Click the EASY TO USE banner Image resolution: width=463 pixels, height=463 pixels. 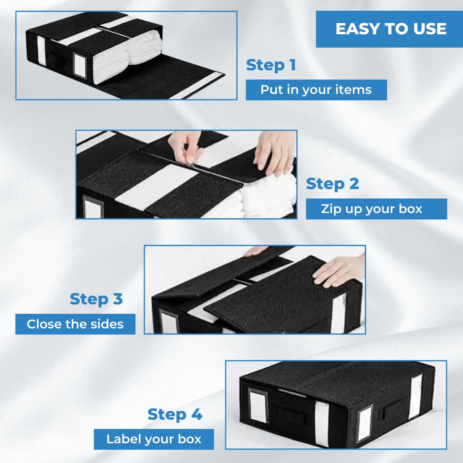(x=389, y=29)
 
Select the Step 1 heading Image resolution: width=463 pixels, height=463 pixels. (x=271, y=65)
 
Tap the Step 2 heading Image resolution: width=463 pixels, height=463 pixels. (x=332, y=184)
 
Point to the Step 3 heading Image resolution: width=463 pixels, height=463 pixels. (x=96, y=299)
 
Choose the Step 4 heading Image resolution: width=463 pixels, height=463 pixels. (x=175, y=414)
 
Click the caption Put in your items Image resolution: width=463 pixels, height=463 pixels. (x=316, y=90)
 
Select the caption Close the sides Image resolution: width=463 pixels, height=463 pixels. (x=75, y=324)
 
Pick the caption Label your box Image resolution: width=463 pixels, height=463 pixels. (x=154, y=439)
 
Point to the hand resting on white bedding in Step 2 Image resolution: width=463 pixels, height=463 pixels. (x=275, y=152)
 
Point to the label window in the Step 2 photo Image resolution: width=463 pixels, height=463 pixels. (x=93, y=207)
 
